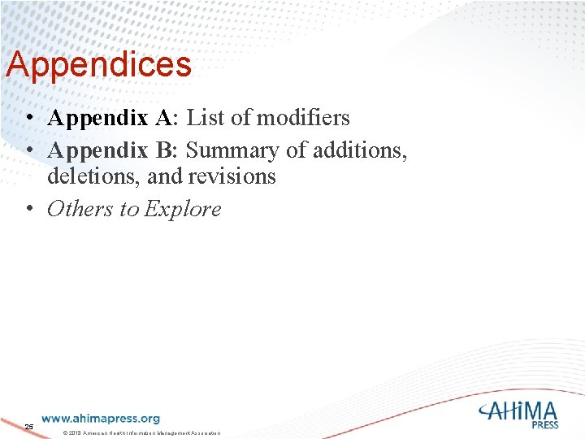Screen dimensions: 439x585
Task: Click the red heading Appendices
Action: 98,65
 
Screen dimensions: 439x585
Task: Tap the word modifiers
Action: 303,118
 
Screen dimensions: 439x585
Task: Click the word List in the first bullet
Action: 206,118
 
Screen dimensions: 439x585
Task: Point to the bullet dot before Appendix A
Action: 28,118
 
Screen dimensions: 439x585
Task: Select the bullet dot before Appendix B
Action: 28,151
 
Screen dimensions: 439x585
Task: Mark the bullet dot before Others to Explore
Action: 28,209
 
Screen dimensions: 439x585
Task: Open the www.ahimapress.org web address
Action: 101,419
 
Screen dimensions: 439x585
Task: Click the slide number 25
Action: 28,427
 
